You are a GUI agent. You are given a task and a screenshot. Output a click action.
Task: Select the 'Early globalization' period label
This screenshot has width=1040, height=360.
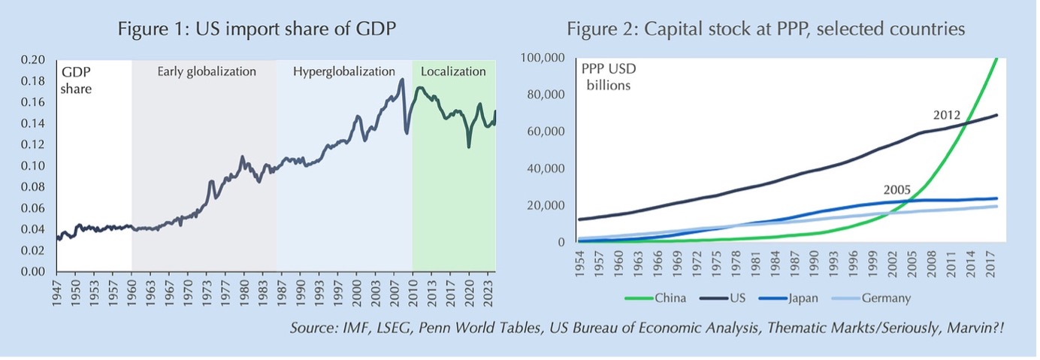coord(207,72)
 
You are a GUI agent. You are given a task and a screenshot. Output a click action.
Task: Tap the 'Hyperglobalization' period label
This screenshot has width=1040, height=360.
coord(343,72)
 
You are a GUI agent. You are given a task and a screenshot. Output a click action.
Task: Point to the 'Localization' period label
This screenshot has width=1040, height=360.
coord(453,72)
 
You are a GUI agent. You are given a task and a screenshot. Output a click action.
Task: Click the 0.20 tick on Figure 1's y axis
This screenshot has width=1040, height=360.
coord(34,60)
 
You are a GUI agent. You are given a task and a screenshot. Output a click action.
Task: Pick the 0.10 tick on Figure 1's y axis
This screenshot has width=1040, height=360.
coord(34,166)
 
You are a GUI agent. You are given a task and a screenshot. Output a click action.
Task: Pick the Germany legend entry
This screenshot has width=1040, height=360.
coord(881,298)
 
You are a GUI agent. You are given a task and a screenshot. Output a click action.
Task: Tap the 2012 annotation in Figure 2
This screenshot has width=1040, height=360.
coord(948,116)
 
